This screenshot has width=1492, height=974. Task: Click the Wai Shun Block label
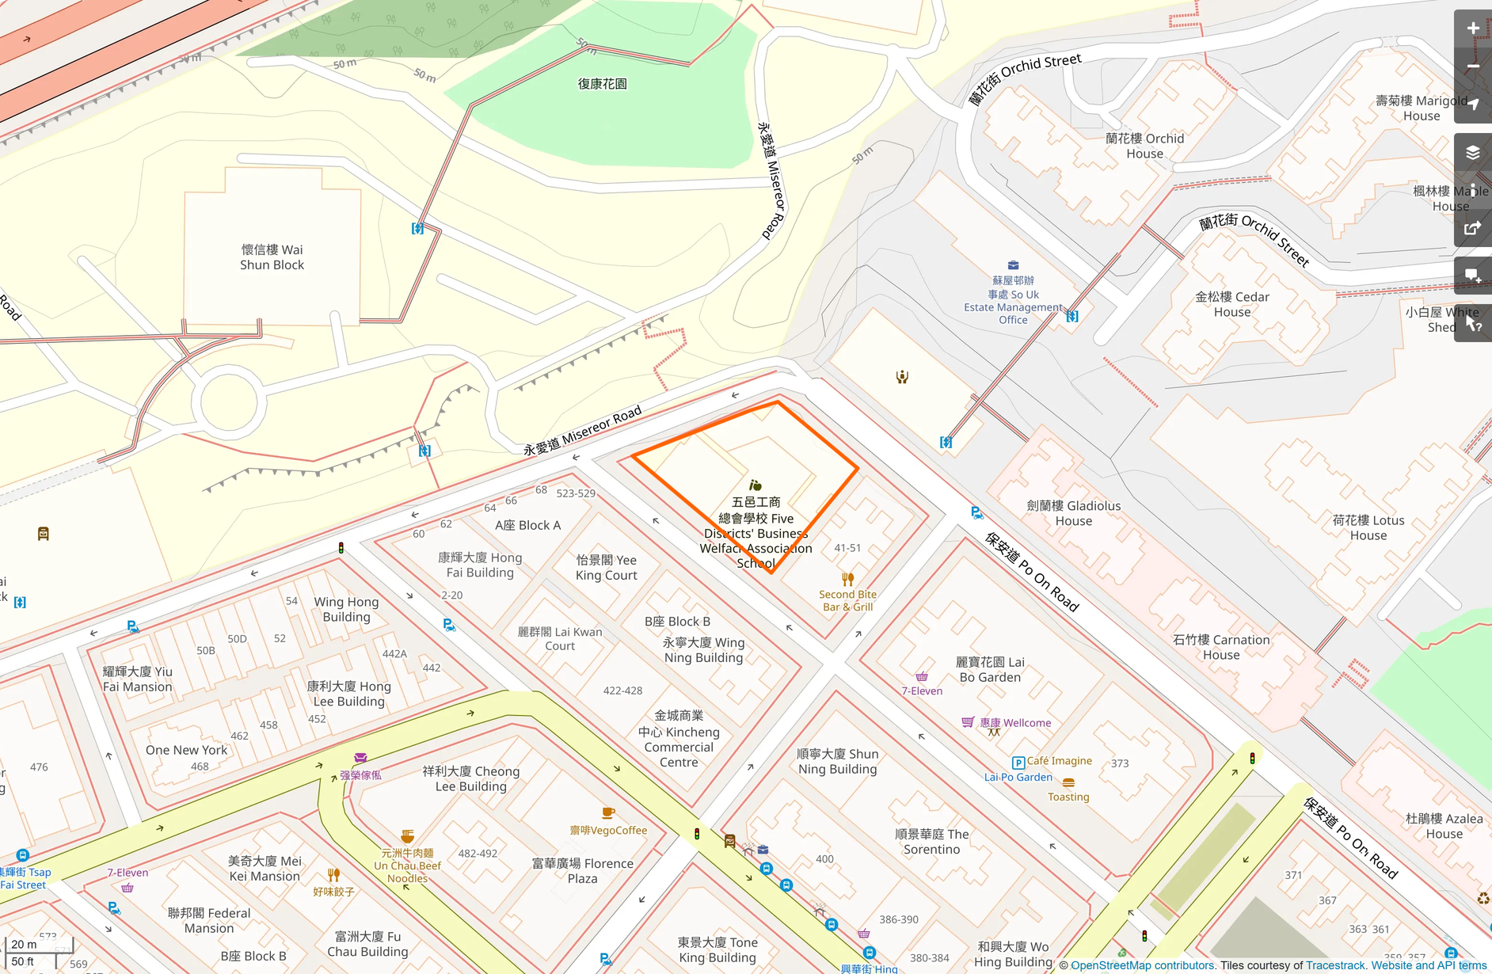point(272,257)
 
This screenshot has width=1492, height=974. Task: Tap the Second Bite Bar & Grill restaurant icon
point(847,579)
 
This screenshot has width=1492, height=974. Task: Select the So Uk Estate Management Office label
point(1013,301)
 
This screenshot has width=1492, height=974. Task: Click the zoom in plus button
point(1472,29)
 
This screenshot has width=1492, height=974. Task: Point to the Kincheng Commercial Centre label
point(679,739)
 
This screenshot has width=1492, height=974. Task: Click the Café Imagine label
point(1059,761)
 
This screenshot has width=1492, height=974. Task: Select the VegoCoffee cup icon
point(608,813)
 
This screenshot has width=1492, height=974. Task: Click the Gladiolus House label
point(1073,513)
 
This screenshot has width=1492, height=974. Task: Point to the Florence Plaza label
point(583,871)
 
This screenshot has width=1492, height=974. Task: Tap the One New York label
point(186,750)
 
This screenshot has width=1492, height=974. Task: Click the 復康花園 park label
point(602,84)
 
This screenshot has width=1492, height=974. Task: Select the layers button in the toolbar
point(1472,152)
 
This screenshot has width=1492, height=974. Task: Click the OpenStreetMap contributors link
point(1142,965)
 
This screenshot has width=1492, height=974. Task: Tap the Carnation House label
point(1220,647)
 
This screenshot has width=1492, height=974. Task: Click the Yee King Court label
point(606,567)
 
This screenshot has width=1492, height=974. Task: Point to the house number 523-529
point(576,493)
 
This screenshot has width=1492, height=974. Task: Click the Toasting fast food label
point(1068,797)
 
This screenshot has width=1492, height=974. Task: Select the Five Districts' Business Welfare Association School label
point(756,532)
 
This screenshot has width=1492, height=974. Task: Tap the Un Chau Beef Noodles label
point(407,866)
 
